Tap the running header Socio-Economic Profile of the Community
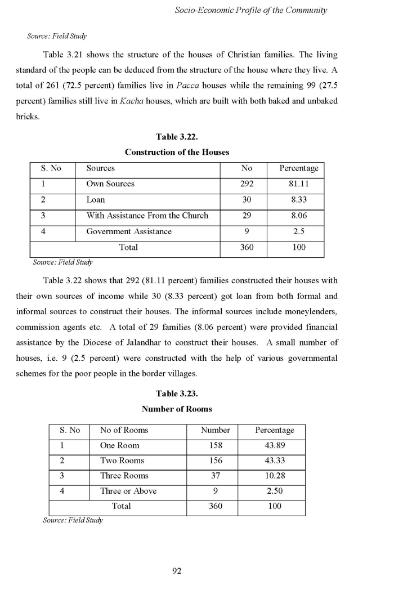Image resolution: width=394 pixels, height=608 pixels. click(x=251, y=10)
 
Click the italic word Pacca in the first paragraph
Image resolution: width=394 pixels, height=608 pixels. click(x=188, y=85)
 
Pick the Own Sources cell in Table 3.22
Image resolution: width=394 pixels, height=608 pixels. click(x=110, y=184)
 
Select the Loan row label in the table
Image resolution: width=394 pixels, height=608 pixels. click(x=96, y=200)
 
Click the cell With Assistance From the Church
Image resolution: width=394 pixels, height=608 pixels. click(x=147, y=216)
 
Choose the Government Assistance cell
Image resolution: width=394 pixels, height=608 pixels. click(x=129, y=231)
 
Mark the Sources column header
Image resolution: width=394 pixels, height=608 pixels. click(x=100, y=168)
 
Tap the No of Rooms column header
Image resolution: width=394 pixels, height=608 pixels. click(x=124, y=430)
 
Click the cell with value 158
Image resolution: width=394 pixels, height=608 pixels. click(x=215, y=445)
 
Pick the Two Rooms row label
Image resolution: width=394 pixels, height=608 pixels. click(x=122, y=461)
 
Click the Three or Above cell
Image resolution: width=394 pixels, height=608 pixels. click(x=128, y=491)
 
